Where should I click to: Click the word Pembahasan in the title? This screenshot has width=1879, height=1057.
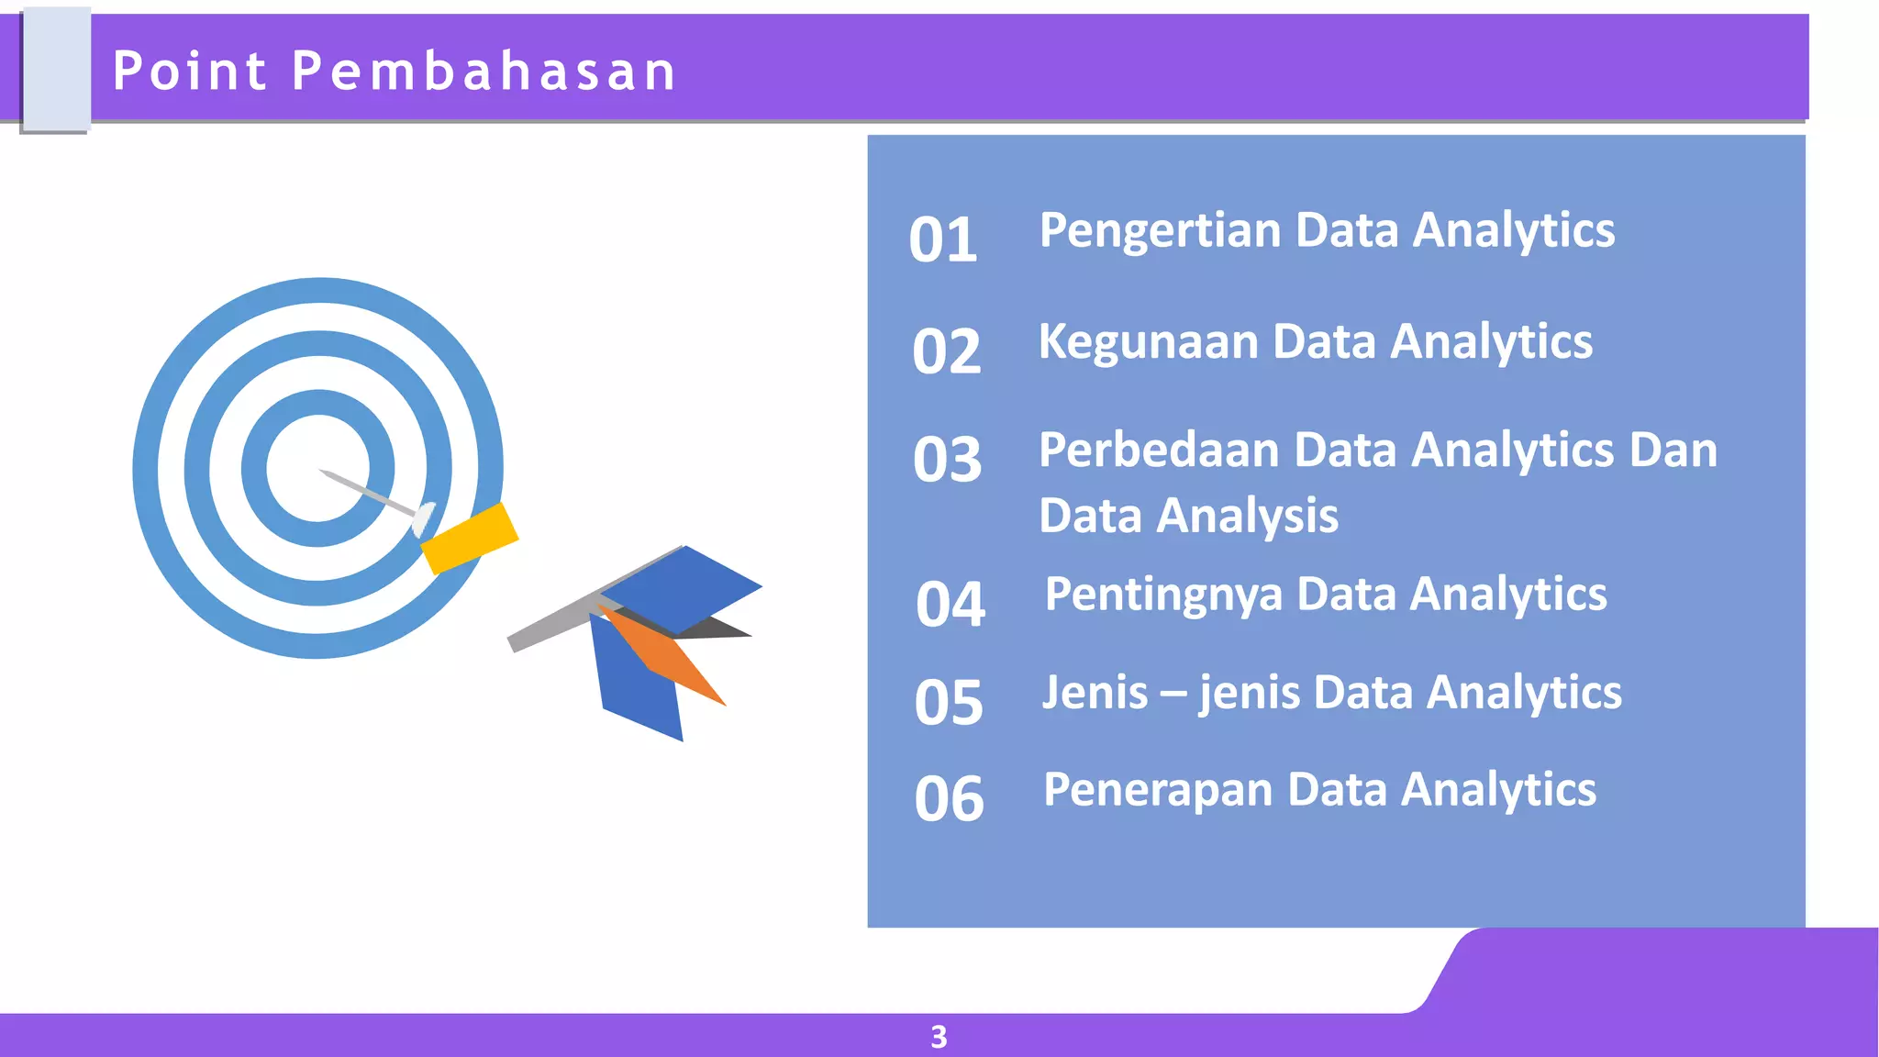(484, 71)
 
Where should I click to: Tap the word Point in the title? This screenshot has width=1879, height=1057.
(190, 71)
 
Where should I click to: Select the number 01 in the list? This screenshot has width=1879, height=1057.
(942, 240)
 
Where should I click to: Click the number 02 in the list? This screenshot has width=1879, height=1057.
(946, 351)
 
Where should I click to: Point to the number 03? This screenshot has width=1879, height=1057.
(947, 460)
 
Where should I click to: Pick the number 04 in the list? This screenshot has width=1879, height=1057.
(950, 605)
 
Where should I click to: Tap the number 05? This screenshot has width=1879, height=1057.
(948, 703)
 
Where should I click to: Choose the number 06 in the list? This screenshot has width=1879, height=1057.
(949, 798)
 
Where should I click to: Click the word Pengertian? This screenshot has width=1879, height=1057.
(1159, 230)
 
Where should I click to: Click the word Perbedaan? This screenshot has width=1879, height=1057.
(1159, 451)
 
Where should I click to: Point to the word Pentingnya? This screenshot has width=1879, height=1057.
(1162, 595)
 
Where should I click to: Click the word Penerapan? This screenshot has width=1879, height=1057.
(1157, 790)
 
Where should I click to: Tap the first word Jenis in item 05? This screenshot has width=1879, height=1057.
(1094, 693)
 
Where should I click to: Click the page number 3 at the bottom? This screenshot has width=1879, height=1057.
(939, 1037)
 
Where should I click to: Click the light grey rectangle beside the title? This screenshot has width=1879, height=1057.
(56, 70)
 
